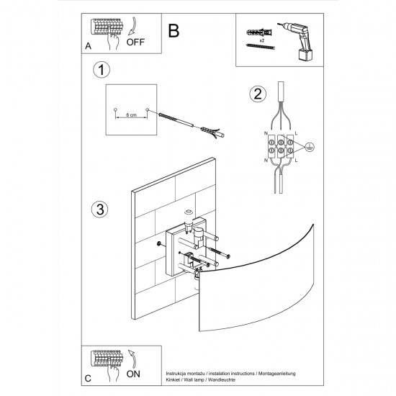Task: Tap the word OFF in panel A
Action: click(135, 42)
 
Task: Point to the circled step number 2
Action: click(256, 94)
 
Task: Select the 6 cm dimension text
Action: click(130, 115)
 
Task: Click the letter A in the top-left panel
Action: click(88, 45)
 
